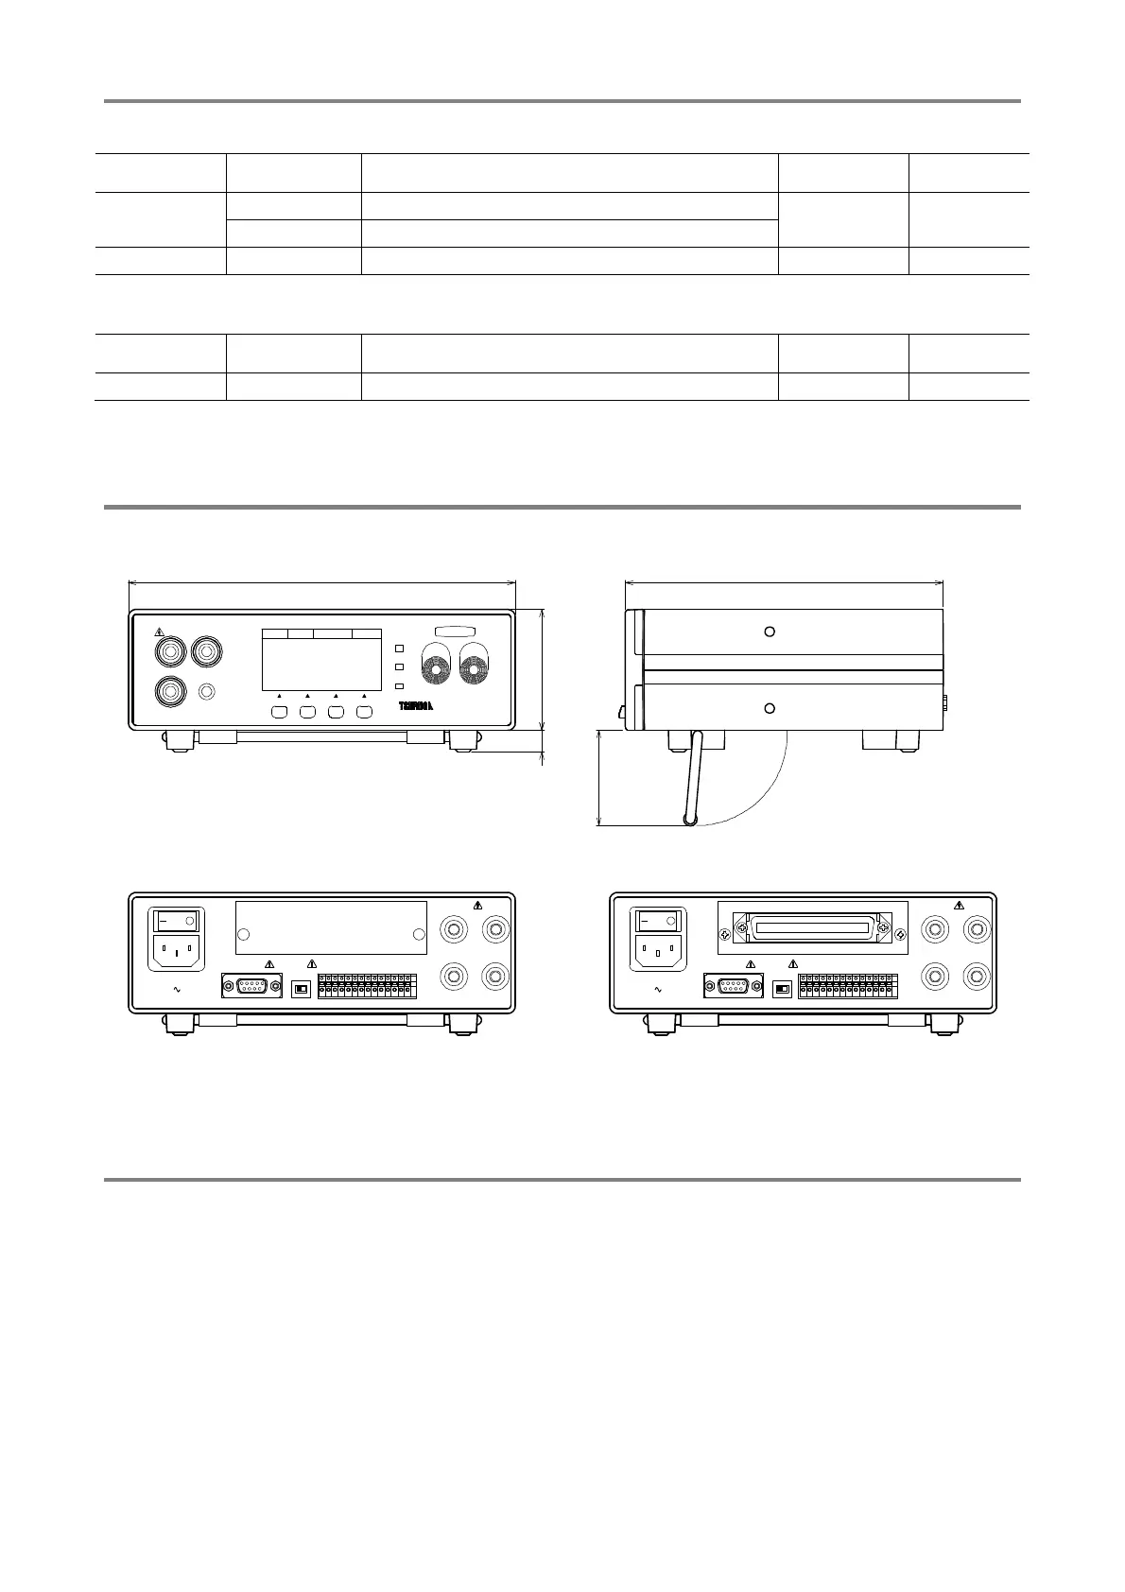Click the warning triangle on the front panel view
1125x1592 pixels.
tap(160, 631)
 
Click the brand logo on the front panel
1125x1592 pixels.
tap(416, 706)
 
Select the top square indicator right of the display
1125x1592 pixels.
tap(399, 649)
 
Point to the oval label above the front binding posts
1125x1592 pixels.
tap(455, 632)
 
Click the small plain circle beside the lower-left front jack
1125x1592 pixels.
tap(208, 692)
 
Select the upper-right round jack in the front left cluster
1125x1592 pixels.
tap(207, 651)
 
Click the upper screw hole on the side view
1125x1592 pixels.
tap(770, 631)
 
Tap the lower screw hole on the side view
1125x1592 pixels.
tap(770, 708)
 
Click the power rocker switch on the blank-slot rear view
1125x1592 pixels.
tap(177, 918)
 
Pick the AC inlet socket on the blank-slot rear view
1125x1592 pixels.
tap(177, 950)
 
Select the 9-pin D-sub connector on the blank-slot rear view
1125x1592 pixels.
tap(251, 986)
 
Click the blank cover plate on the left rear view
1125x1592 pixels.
tap(331, 928)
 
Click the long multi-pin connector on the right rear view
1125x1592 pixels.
tap(813, 928)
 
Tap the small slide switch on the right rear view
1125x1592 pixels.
tap(783, 988)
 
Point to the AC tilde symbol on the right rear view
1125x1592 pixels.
tap(659, 990)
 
